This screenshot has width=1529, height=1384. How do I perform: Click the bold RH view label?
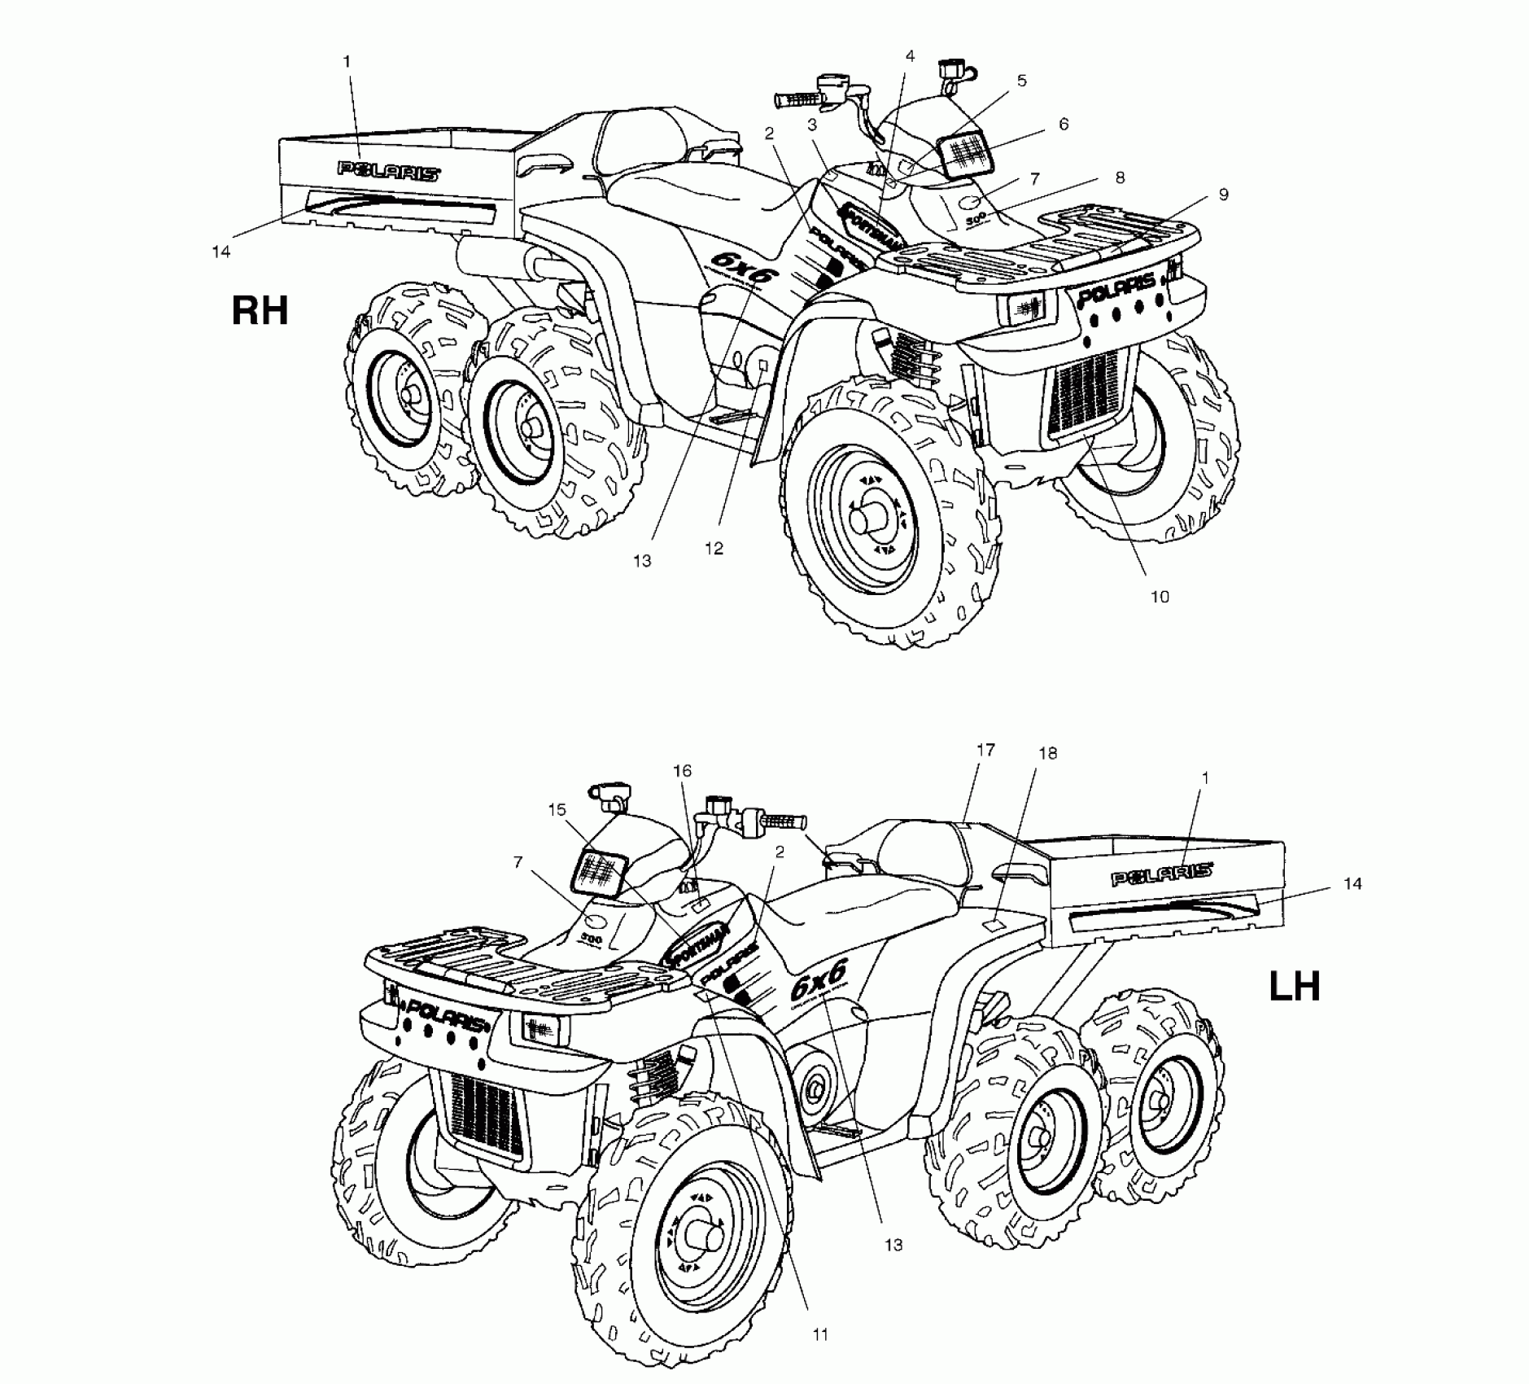pos(260,310)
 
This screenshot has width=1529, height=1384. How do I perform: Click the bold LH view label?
pos(1295,987)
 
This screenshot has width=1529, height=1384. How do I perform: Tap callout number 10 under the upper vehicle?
pos(1159,597)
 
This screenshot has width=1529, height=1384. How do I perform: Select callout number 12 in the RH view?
pos(714,549)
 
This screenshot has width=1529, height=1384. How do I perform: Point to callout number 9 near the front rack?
pos(1223,195)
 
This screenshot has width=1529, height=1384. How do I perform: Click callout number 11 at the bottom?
pos(819,1334)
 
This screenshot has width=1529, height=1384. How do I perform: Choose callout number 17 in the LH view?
pos(985,750)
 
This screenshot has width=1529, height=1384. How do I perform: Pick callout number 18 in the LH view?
pos(1047,754)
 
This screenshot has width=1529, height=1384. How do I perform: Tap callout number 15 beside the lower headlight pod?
pos(557,809)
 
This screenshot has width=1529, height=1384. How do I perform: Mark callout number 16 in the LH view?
pos(682,770)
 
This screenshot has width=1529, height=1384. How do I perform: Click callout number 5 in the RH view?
pos(1021,81)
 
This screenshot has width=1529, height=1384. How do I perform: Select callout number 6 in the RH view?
pos(1063,124)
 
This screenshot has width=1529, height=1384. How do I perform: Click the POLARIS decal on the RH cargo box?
pos(389,170)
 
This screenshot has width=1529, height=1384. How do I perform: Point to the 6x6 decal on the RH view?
pos(740,267)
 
